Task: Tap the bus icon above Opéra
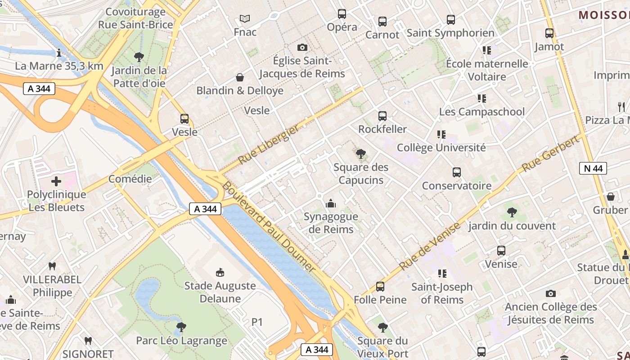coord(342,14)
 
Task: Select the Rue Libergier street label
coord(268,144)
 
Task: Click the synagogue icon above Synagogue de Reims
coord(331,203)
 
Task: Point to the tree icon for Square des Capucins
coord(360,154)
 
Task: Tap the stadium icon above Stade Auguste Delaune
coord(220,272)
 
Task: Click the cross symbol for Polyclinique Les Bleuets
coord(56,181)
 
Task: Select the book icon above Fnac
coord(245,18)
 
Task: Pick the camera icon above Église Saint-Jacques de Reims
coord(302,47)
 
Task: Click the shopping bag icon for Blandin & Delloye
coord(240,77)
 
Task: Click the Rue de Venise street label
coord(430,246)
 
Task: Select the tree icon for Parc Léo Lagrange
coord(181,327)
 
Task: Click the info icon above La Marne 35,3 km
coord(59,53)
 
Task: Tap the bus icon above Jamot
coord(549,33)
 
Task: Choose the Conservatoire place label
coord(456,185)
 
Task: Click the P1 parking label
coord(257,322)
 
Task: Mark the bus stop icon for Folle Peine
coord(380,287)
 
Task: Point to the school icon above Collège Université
coord(441,134)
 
